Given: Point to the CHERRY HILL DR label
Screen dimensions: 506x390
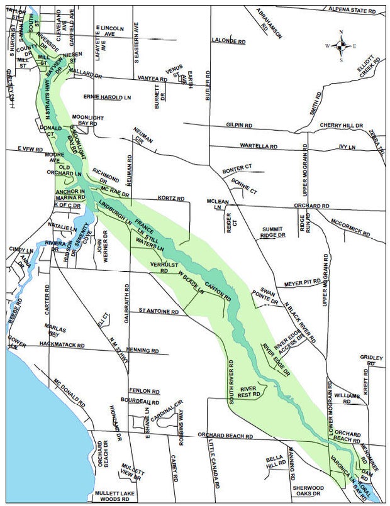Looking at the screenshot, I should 342,126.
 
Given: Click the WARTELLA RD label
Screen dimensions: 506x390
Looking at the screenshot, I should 259,146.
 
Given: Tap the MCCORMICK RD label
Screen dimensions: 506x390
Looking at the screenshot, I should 350,227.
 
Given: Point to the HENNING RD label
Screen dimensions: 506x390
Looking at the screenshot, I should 147,349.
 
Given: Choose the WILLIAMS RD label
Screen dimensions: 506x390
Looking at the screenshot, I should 347,396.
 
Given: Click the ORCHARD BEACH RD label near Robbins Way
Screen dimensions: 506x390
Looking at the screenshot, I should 225,435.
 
